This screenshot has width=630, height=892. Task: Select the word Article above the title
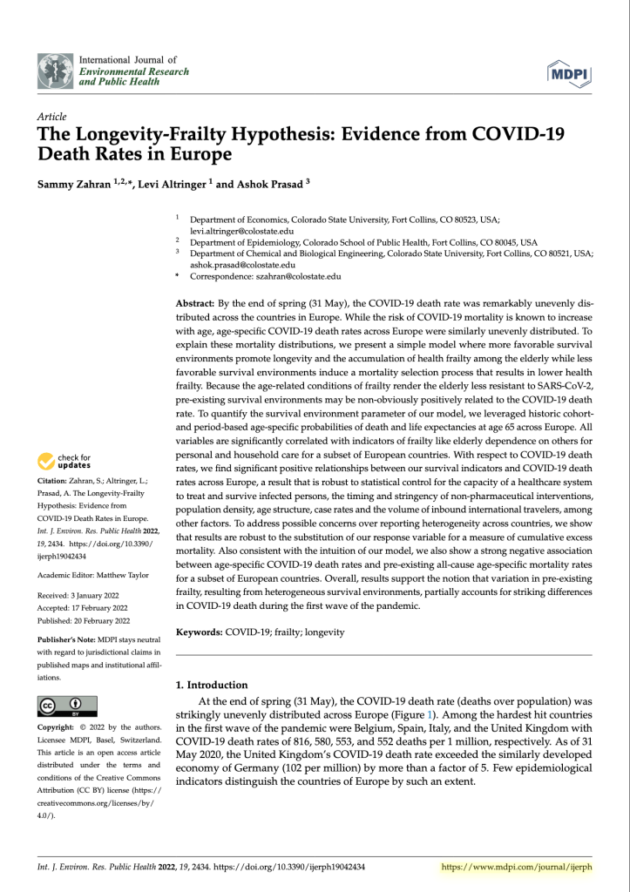pos(52,117)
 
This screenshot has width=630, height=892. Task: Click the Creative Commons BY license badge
pos(67,705)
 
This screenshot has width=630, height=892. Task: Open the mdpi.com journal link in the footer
pos(518,867)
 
